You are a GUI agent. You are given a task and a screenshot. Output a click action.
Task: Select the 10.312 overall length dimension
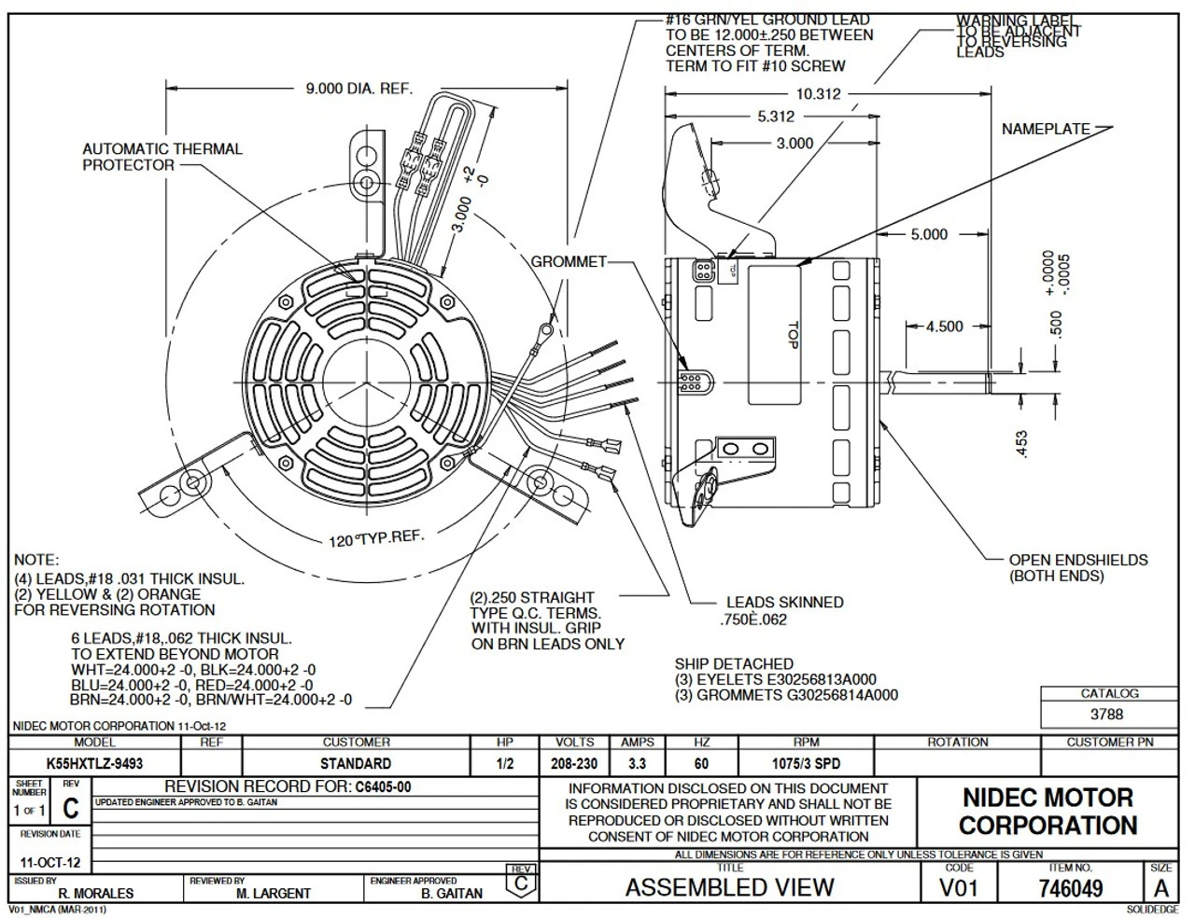tap(818, 93)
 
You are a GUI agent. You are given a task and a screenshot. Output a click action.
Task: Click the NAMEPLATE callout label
tap(1046, 130)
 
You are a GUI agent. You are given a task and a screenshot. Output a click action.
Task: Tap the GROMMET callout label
tap(569, 262)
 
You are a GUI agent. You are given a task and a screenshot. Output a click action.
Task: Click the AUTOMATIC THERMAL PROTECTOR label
tap(162, 157)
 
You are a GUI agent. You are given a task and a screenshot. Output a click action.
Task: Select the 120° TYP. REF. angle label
tap(376, 538)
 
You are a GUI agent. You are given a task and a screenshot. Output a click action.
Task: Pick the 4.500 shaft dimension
tap(944, 327)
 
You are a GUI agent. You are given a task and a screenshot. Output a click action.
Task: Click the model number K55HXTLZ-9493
tap(94, 763)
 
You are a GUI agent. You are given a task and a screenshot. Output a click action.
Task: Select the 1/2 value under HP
tap(505, 763)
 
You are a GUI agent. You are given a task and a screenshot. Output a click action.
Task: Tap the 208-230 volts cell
tap(574, 763)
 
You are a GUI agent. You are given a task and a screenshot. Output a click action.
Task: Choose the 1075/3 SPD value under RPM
tap(806, 763)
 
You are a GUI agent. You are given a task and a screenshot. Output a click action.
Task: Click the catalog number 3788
tap(1106, 715)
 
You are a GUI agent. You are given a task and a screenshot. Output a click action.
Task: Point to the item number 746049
tap(1070, 889)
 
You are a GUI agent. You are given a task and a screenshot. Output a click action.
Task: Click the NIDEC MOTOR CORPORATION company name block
tap(1047, 812)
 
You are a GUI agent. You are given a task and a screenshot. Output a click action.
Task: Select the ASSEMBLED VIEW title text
tap(729, 887)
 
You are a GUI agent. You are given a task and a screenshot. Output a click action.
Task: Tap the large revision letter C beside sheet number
tap(70, 809)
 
